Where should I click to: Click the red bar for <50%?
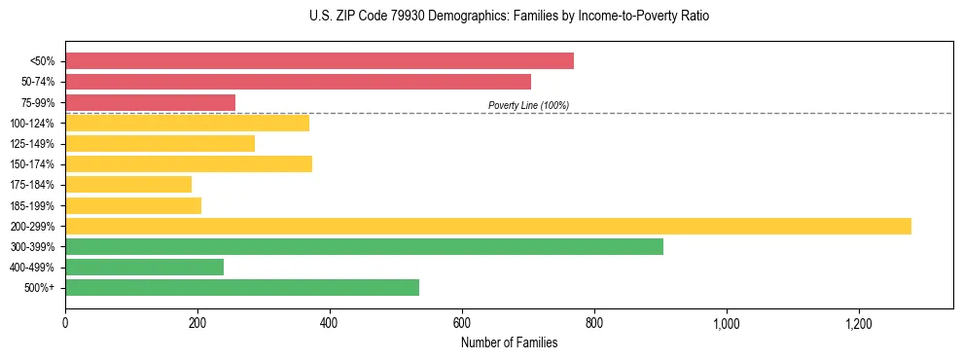(x=319, y=61)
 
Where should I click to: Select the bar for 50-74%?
(x=298, y=82)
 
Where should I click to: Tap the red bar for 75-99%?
(x=150, y=102)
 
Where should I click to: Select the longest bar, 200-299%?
(x=488, y=226)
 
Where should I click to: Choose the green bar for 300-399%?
(x=364, y=246)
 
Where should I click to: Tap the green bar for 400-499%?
(x=144, y=267)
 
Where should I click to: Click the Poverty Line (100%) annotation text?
(x=528, y=105)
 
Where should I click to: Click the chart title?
(x=509, y=17)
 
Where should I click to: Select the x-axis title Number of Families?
(x=509, y=342)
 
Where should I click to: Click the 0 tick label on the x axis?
(x=65, y=322)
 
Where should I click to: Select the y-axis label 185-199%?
(x=33, y=205)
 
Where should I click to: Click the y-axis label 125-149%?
(x=33, y=144)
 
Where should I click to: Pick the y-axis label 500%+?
(x=40, y=288)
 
